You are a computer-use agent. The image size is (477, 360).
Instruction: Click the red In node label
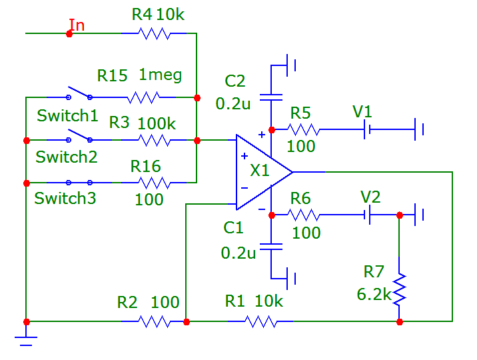pos(77,25)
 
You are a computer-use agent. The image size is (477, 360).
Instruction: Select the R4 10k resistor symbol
pos(153,33)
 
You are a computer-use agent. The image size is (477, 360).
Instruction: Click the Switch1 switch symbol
pos(79,93)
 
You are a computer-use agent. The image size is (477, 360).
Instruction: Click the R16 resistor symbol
pos(154,182)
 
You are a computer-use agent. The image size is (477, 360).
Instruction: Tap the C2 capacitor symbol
pos(271,97)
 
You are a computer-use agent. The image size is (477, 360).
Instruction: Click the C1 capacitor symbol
pos(271,246)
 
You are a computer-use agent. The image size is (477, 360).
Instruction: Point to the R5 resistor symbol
pos(304,129)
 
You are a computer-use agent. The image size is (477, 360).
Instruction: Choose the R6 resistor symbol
pos(304,215)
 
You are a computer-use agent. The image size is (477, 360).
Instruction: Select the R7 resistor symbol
pos(399,288)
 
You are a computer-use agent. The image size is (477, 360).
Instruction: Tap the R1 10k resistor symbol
pos(260,321)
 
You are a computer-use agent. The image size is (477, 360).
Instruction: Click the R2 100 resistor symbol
pos(154,321)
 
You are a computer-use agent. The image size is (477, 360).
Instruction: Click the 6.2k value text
pos(373,294)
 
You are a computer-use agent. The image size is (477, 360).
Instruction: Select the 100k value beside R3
pos(157,123)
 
